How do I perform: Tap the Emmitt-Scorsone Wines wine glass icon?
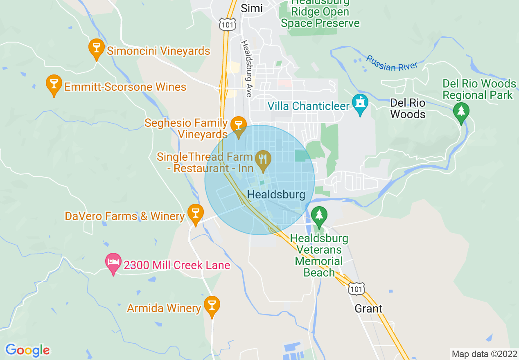click(x=54, y=85)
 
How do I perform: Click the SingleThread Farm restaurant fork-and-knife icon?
click(x=262, y=160)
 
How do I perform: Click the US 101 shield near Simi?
click(x=227, y=24)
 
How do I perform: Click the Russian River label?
click(x=392, y=63)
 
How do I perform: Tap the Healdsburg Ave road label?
click(x=246, y=68)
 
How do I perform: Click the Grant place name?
click(x=368, y=308)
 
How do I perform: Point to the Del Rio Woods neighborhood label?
click(x=407, y=108)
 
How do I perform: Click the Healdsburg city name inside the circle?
click(x=276, y=195)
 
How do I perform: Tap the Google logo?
click(x=27, y=350)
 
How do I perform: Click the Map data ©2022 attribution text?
click(x=484, y=353)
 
